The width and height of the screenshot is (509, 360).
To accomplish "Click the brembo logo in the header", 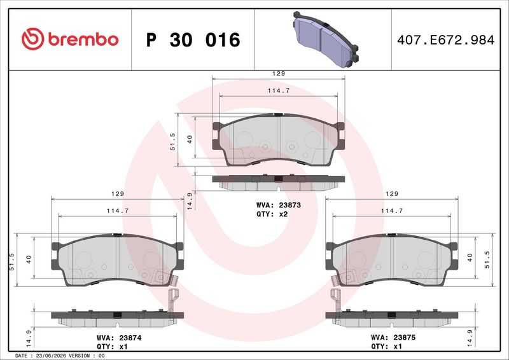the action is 70,39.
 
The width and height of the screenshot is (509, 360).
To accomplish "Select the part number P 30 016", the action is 193,40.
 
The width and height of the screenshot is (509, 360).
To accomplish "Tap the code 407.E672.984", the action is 446,40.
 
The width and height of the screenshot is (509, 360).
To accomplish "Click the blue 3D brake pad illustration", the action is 326,39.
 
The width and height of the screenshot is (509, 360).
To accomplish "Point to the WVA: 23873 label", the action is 279,205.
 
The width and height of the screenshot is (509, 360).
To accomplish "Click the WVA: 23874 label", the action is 119,338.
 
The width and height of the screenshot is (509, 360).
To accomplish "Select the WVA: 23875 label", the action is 393,338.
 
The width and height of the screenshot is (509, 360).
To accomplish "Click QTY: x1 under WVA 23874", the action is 113,347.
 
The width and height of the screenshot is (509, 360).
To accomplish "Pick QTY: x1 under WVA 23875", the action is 386,347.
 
